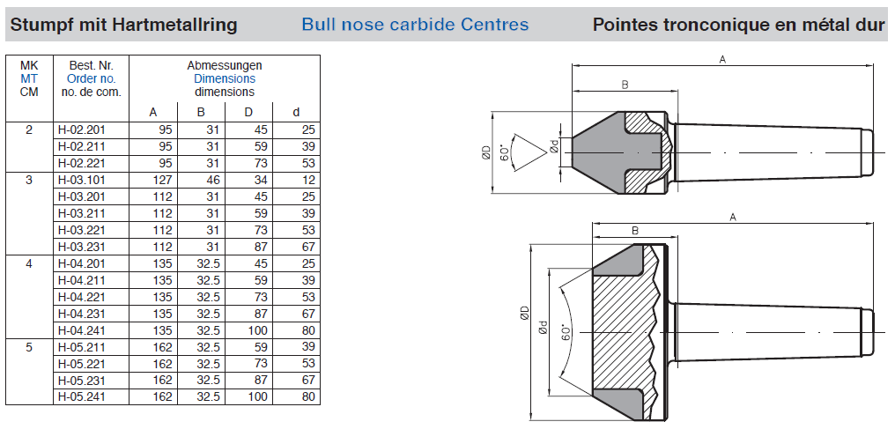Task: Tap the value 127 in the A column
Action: [164, 179]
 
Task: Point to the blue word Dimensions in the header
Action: [225, 78]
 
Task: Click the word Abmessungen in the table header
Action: [225, 65]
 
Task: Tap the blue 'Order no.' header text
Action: [92, 78]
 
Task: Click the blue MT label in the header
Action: [29, 78]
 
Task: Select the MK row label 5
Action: [29, 347]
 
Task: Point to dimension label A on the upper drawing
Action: [722, 59]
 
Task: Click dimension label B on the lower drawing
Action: [635, 231]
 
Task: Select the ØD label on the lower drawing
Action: [523, 314]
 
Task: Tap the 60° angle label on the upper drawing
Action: [505, 152]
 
